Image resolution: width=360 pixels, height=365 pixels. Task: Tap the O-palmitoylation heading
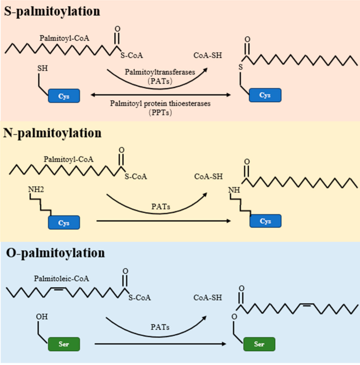click(x=54, y=253)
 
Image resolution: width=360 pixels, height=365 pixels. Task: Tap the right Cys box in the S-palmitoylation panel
click(x=265, y=95)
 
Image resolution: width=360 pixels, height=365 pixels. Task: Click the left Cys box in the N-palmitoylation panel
click(x=63, y=222)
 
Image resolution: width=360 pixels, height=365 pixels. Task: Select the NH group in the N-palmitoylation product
click(x=234, y=190)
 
